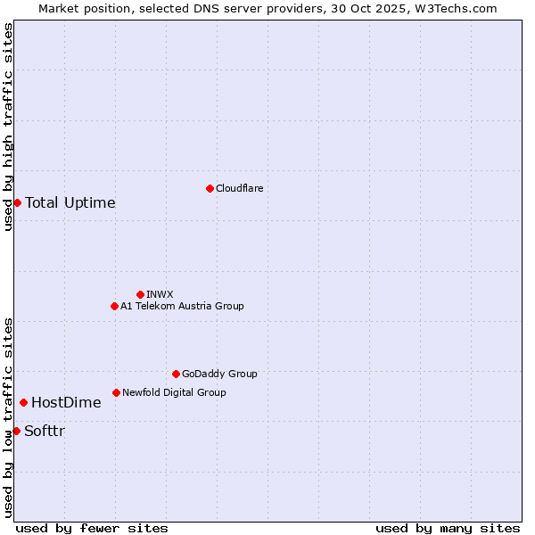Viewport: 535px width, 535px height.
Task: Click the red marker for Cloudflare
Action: pyautogui.click(x=210, y=188)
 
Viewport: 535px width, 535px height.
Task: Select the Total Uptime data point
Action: pyautogui.click(x=17, y=202)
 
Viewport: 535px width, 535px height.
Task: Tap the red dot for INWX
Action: pyautogui.click(x=140, y=294)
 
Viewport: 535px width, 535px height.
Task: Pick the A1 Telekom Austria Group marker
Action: pyautogui.click(x=114, y=306)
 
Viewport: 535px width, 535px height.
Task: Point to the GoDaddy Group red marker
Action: pyautogui.click(x=176, y=374)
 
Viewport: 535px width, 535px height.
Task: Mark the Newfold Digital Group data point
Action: pyautogui.click(x=116, y=392)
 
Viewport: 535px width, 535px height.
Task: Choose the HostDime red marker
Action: pyautogui.click(x=23, y=402)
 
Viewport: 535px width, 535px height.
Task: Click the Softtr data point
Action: pyautogui.click(x=16, y=431)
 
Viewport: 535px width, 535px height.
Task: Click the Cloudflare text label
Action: pyautogui.click(x=239, y=188)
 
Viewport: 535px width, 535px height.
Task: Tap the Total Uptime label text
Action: pyautogui.click(x=70, y=202)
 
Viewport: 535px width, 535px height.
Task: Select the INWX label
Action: pyautogui.click(x=160, y=294)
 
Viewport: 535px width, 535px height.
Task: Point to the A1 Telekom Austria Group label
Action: pyautogui.click(x=182, y=306)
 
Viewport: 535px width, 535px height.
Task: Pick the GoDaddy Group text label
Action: pyautogui.click(x=219, y=374)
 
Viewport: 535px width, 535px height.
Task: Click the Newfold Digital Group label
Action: pyautogui.click(x=174, y=392)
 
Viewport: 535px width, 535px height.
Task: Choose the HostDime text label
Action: pyautogui.click(x=66, y=402)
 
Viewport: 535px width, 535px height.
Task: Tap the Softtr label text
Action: pyautogui.click(x=45, y=431)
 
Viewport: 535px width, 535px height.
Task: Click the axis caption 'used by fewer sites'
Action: pyautogui.click(x=92, y=528)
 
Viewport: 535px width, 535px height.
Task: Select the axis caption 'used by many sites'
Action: pyautogui.click(x=448, y=528)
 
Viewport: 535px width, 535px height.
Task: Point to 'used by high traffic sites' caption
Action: pyautogui.click(x=8, y=127)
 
